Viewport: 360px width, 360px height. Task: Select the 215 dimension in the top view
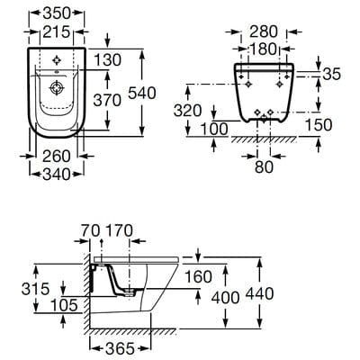[58, 32]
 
